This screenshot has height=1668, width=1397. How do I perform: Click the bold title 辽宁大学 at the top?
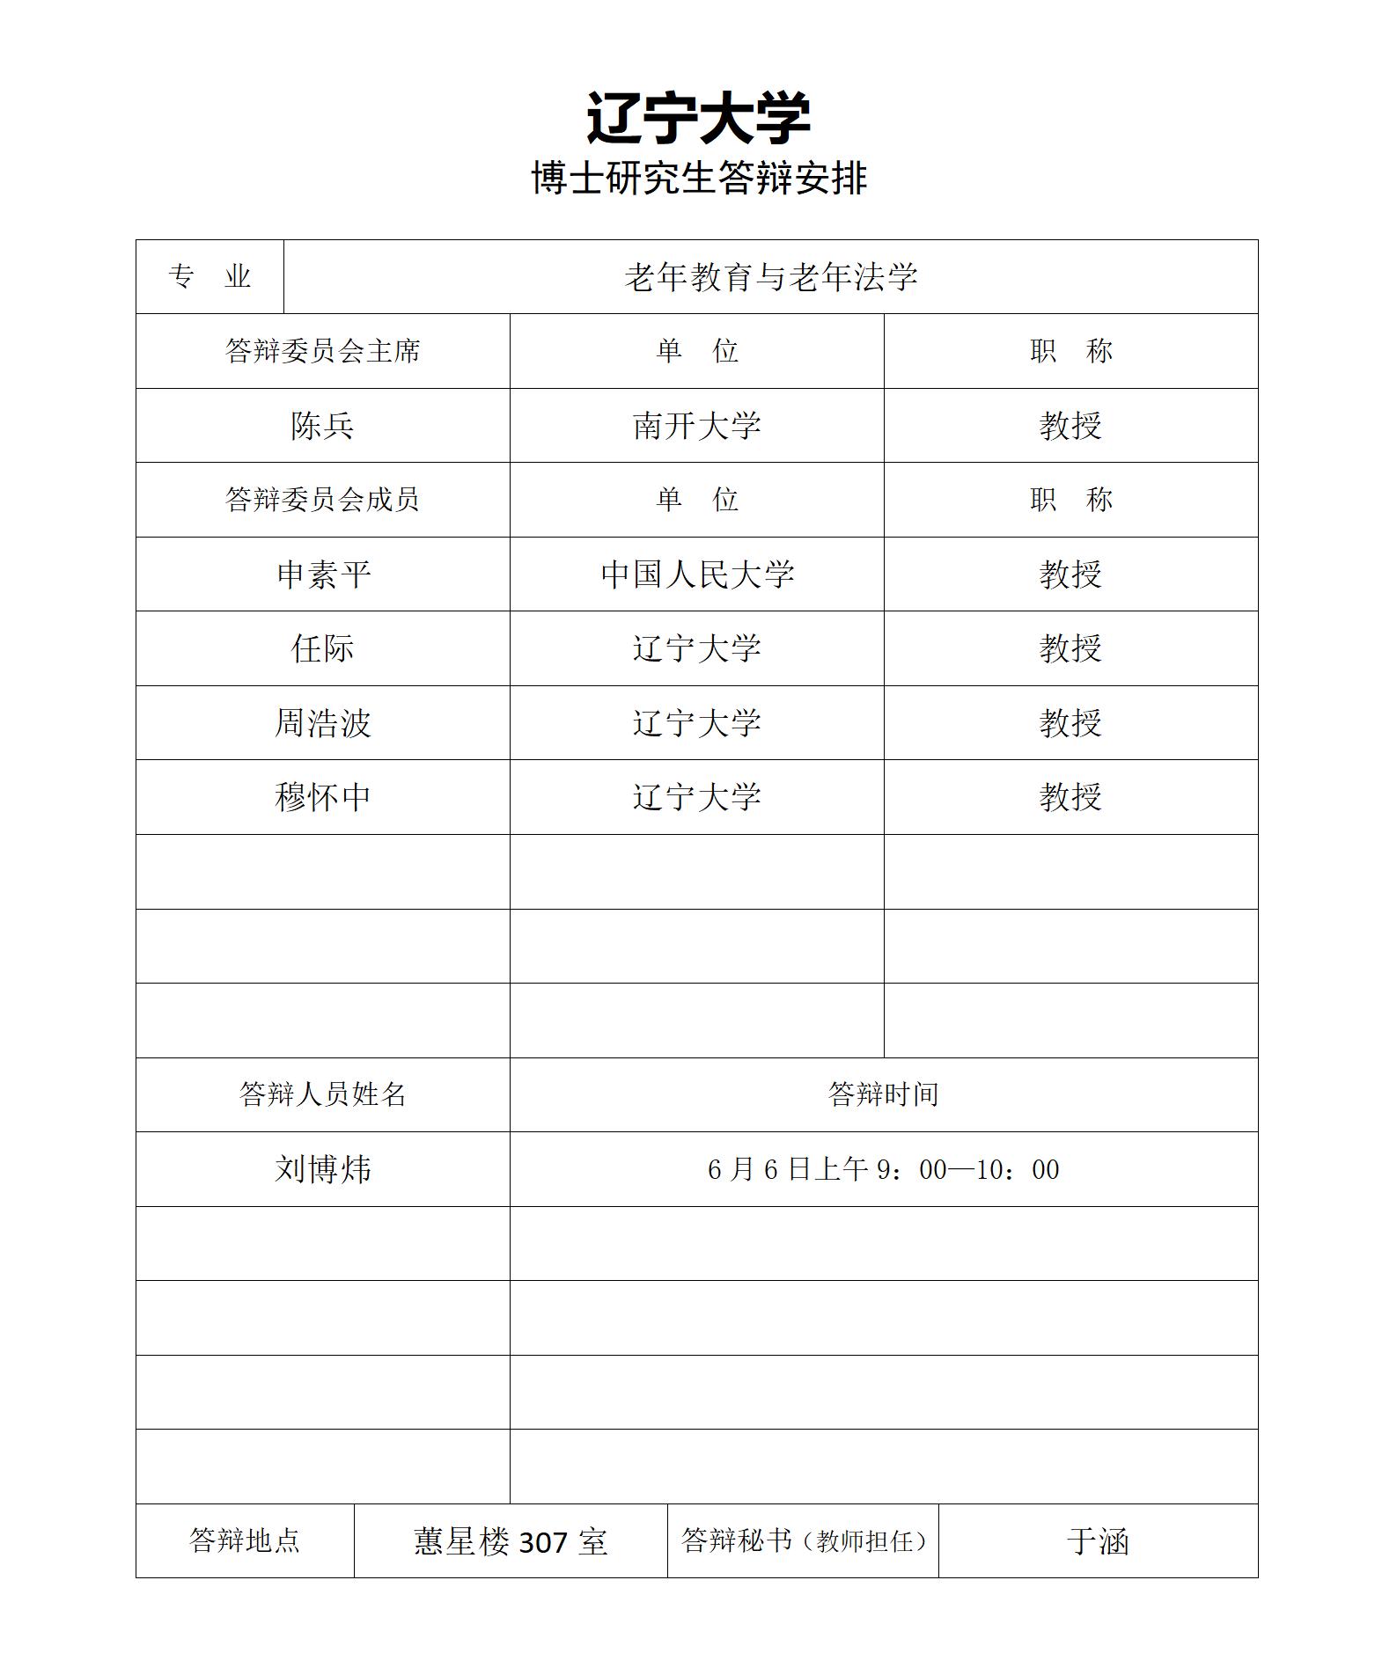pos(698,118)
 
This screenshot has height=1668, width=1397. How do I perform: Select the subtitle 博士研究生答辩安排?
pos(699,179)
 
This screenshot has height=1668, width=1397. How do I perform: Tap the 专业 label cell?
pos(210,277)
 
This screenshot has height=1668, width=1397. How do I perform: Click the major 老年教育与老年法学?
pos(770,277)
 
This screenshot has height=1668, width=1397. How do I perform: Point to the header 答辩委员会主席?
pos(322,351)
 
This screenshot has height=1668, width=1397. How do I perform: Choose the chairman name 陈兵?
pos(322,426)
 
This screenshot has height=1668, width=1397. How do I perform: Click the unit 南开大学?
pos(696,426)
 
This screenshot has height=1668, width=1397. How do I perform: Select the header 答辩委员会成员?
pos(322,500)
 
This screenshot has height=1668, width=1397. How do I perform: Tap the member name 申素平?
pos(322,574)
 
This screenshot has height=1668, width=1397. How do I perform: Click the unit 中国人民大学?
pos(696,574)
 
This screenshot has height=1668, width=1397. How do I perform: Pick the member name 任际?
pos(322,648)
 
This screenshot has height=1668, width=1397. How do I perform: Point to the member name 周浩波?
pos(322,723)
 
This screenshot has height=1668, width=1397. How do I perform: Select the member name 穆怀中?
pos(322,797)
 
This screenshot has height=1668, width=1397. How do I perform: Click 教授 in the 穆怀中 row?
pos(1070,797)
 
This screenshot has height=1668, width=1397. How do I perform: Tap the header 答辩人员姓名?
pos(322,1094)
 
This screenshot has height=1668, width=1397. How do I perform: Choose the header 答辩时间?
pos(883,1094)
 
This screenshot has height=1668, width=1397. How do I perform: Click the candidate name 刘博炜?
pos(322,1169)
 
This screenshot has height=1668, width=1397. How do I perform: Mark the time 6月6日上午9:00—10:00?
pos(883,1169)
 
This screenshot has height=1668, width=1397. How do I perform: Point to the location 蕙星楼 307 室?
pos(511,1541)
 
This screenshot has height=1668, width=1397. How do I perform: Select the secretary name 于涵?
pos(1098,1541)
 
